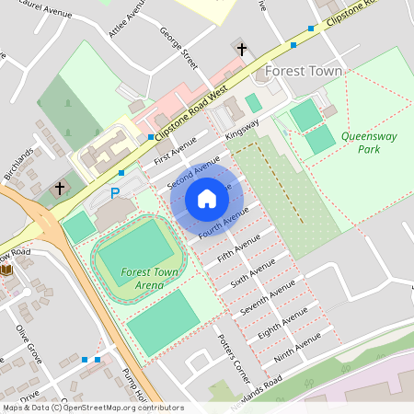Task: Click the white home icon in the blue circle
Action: point(206,198)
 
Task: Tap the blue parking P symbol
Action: point(115,193)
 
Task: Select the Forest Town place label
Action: point(303,71)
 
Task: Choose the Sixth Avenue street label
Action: point(253,272)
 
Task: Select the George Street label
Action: point(179,48)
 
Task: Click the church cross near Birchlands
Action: point(60,188)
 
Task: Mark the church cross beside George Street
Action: point(242,50)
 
